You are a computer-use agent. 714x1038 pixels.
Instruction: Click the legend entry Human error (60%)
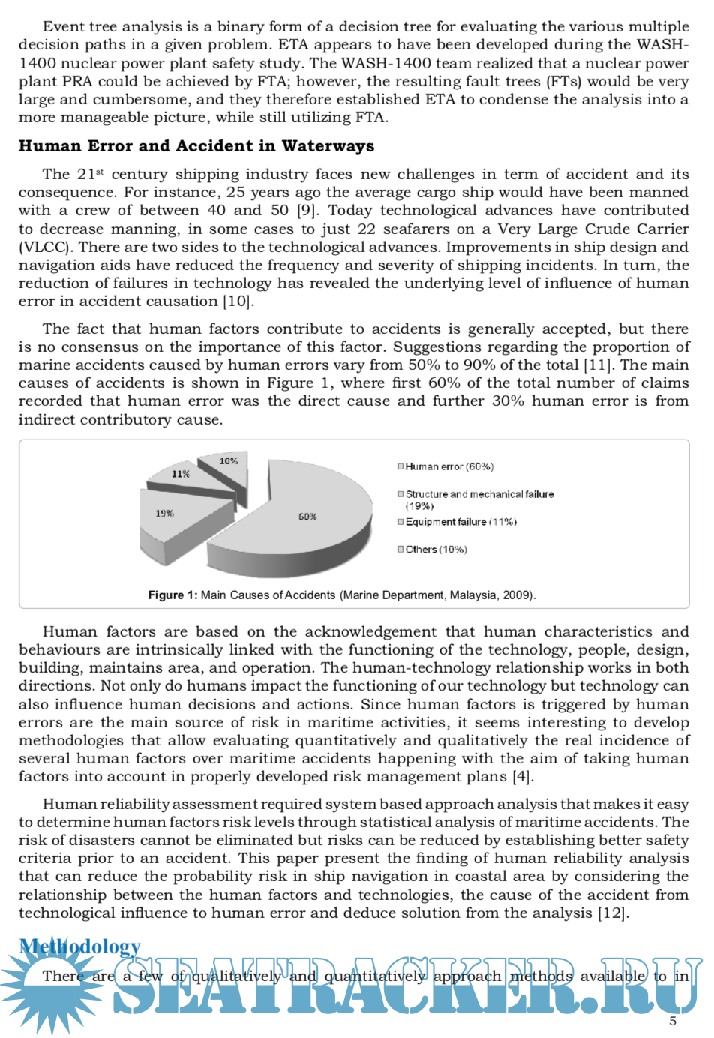coord(448,467)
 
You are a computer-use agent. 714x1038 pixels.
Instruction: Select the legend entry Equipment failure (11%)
coord(460,522)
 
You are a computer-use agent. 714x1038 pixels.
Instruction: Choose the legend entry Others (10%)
coord(436,550)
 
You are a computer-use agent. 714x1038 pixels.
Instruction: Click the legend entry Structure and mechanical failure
coord(479,495)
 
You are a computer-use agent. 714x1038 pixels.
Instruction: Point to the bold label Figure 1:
coord(172,595)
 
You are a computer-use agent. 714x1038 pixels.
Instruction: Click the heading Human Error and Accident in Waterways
coord(196,146)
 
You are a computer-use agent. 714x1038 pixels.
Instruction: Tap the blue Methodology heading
coord(80,946)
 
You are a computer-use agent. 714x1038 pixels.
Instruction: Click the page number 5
coord(673,1021)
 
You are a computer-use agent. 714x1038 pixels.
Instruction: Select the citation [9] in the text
coord(307,211)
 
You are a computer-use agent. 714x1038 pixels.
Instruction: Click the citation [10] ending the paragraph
coord(238,301)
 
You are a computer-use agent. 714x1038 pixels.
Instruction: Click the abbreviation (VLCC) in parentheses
coord(46,247)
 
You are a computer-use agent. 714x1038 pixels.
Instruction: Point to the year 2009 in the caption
coord(517,595)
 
